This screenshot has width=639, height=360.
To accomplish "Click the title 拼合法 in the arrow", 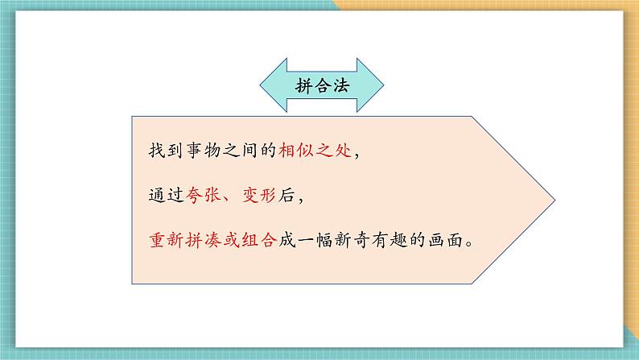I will point(321,85).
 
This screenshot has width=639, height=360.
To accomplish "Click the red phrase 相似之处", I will point(315,151).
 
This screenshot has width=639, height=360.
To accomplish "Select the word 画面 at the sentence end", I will point(447,240).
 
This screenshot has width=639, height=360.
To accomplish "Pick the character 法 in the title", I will point(340,85).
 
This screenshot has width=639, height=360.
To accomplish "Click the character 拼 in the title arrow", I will point(303,85).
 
